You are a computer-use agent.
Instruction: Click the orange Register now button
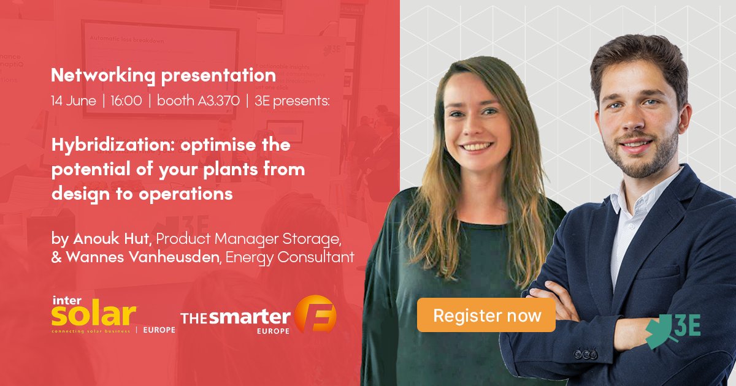click(x=486, y=316)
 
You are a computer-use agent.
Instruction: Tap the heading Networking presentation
click(x=163, y=75)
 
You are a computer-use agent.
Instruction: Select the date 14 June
click(x=74, y=101)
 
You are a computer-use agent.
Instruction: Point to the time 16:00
click(x=126, y=101)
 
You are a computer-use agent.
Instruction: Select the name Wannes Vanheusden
click(x=142, y=257)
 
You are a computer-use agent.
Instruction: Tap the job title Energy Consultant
click(x=289, y=257)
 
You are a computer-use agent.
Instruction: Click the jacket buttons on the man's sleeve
click(x=585, y=355)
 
